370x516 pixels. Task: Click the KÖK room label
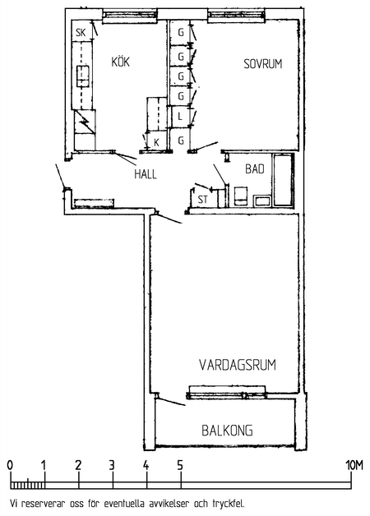coord(121,62)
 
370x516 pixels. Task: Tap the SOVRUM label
coord(263,63)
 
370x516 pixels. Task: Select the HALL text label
coord(146,173)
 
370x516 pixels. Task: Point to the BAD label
coord(255,168)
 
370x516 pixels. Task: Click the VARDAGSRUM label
coord(238,365)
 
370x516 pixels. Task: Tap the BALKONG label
coord(228,430)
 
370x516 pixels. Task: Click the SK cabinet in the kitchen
coord(81,31)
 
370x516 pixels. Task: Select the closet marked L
coord(180,117)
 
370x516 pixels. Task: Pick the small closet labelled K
coord(157,142)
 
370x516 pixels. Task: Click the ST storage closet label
coord(203,200)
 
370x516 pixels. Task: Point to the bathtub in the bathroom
coord(283,180)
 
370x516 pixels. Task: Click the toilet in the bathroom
coord(241,196)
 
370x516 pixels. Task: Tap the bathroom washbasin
coord(262,200)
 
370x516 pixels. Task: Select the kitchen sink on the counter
coord(83,76)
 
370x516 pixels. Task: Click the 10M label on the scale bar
coord(354,466)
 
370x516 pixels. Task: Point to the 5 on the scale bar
coord(180,466)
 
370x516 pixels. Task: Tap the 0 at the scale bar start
coord(10,466)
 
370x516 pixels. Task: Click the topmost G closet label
coord(180,32)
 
